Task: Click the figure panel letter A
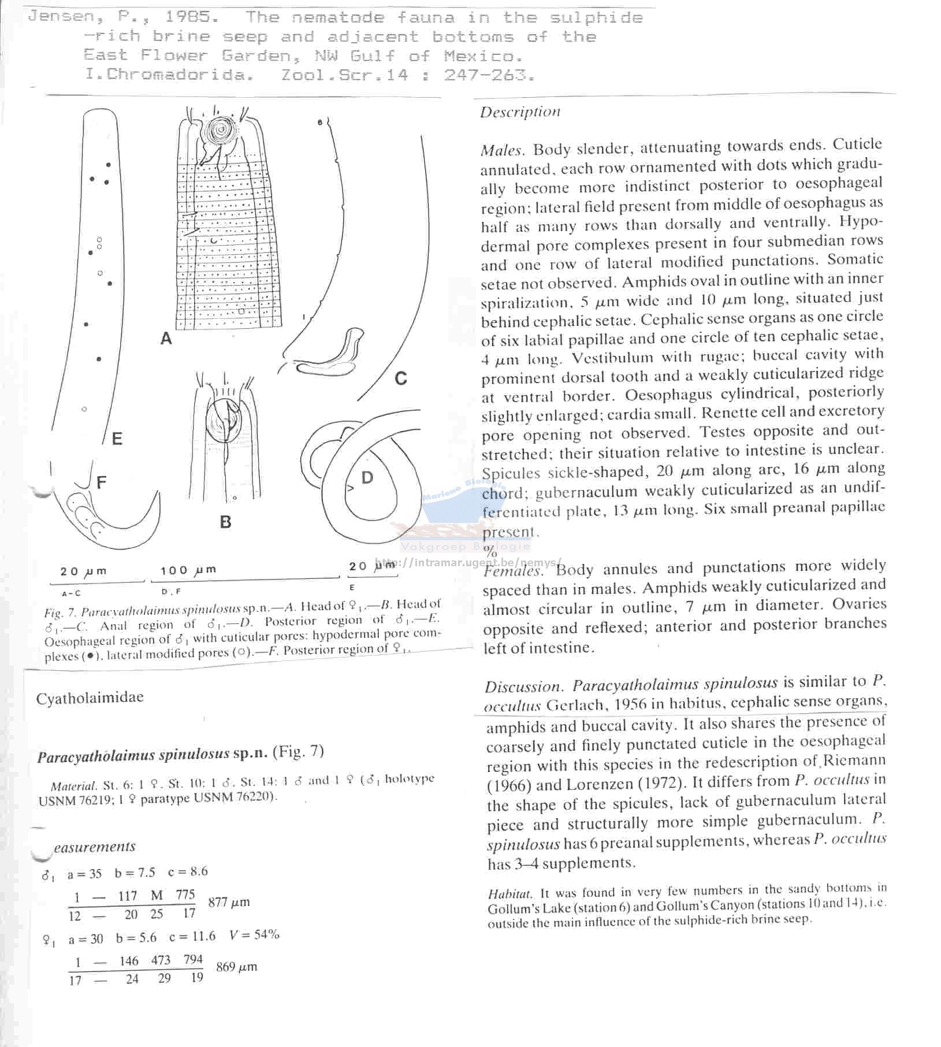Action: click(x=166, y=338)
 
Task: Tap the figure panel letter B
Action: click(x=225, y=522)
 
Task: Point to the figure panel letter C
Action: click(x=400, y=378)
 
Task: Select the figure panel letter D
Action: click(x=367, y=478)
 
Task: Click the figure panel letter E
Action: click(x=117, y=439)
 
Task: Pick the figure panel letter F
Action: click(x=102, y=482)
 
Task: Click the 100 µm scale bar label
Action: click(x=188, y=570)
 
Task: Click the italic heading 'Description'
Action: click(x=520, y=112)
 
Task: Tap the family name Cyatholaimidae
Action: click(x=90, y=697)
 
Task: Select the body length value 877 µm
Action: click(x=229, y=902)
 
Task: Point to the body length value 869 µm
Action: click(x=236, y=967)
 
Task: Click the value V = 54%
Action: click(x=254, y=935)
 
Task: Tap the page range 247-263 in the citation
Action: click(x=489, y=75)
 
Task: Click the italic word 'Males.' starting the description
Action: click(x=502, y=150)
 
